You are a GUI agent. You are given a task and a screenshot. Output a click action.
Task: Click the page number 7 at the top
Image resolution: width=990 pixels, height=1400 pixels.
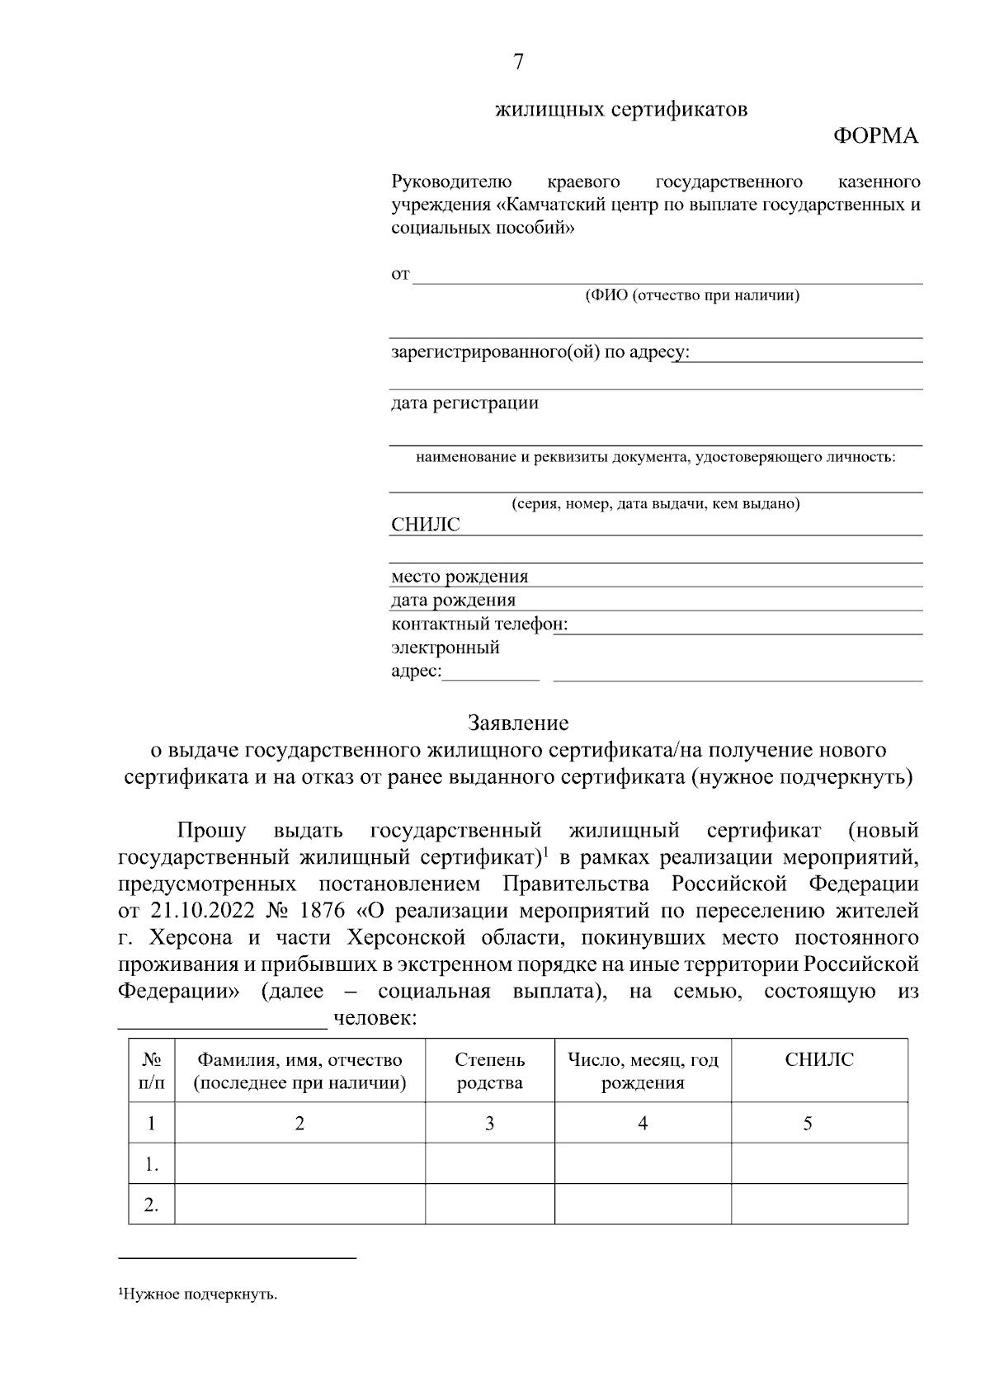[x=518, y=62]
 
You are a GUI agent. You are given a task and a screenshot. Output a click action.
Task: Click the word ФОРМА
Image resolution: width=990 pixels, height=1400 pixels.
[x=875, y=136]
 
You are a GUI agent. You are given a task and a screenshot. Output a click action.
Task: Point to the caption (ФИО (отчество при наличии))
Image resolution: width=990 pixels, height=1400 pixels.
[x=691, y=295]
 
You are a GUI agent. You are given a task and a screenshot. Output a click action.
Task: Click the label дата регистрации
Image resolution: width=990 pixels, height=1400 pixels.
[x=464, y=403]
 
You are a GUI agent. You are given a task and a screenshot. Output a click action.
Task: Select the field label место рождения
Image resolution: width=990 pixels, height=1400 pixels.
[x=459, y=577]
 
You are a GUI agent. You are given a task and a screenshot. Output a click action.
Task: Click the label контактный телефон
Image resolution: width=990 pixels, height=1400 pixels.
[x=479, y=624]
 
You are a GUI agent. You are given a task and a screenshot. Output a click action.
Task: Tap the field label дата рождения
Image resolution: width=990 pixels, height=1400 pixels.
[x=453, y=600]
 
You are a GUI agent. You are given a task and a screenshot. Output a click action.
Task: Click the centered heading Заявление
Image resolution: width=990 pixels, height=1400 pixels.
[x=518, y=724]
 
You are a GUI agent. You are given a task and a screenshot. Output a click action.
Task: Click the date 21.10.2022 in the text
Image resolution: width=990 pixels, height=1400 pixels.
[x=194, y=912]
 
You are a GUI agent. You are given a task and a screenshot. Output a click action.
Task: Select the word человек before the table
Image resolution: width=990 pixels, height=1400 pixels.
[x=374, y=1019]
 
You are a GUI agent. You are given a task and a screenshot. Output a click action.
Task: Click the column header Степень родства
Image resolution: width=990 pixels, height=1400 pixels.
[x=489, y=1071]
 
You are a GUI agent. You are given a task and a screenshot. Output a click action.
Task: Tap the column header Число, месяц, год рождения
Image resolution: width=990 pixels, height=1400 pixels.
[x=643, y=1071]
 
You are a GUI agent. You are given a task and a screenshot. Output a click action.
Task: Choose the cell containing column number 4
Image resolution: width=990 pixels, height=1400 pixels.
[x=643, y=1123]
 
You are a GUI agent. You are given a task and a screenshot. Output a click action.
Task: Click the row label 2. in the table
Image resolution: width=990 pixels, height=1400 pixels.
[x=151, y=1204]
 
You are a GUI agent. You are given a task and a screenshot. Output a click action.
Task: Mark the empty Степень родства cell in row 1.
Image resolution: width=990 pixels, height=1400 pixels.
[x=489, y=1163]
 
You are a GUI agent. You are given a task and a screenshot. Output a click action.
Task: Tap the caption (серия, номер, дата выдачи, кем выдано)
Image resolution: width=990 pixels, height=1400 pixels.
[x=655, y=503]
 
